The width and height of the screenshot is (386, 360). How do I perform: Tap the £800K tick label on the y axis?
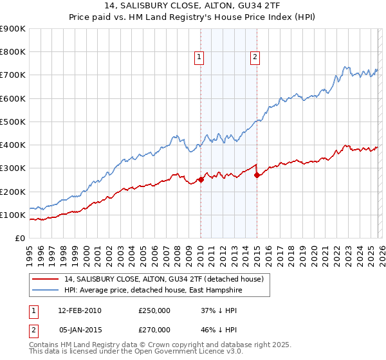(13, 52)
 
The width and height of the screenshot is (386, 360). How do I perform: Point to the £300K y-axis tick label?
(13, 168)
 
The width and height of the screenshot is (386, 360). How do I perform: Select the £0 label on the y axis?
(20, 238)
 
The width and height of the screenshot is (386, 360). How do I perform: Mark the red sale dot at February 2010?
(201, 180)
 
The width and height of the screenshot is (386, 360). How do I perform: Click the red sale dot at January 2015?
(257, 175)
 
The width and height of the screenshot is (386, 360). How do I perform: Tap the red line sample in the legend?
(46, 279)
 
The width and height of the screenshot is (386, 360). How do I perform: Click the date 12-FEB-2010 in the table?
(79, 310)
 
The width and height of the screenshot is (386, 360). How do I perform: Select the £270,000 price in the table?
(154, 328)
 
